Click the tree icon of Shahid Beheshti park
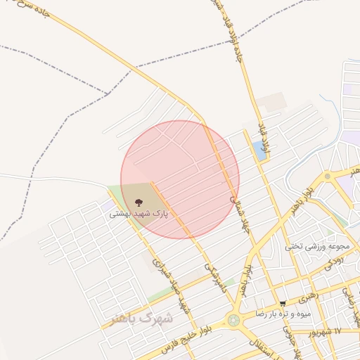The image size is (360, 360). click(x=137, y=202)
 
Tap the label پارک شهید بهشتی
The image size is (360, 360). click(x=139, y=214)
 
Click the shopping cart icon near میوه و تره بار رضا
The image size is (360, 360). click(x=283, y=304)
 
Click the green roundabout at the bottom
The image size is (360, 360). click(x=233, y=320)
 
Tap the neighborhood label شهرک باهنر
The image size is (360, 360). click(x=141, y=319)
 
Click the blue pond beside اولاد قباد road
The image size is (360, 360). click(x=259, y=150)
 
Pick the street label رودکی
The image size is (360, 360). click(x=335, y=260)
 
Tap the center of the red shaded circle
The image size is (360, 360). click(x=180, y=179)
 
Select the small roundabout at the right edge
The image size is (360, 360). click(x=328, y=176)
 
